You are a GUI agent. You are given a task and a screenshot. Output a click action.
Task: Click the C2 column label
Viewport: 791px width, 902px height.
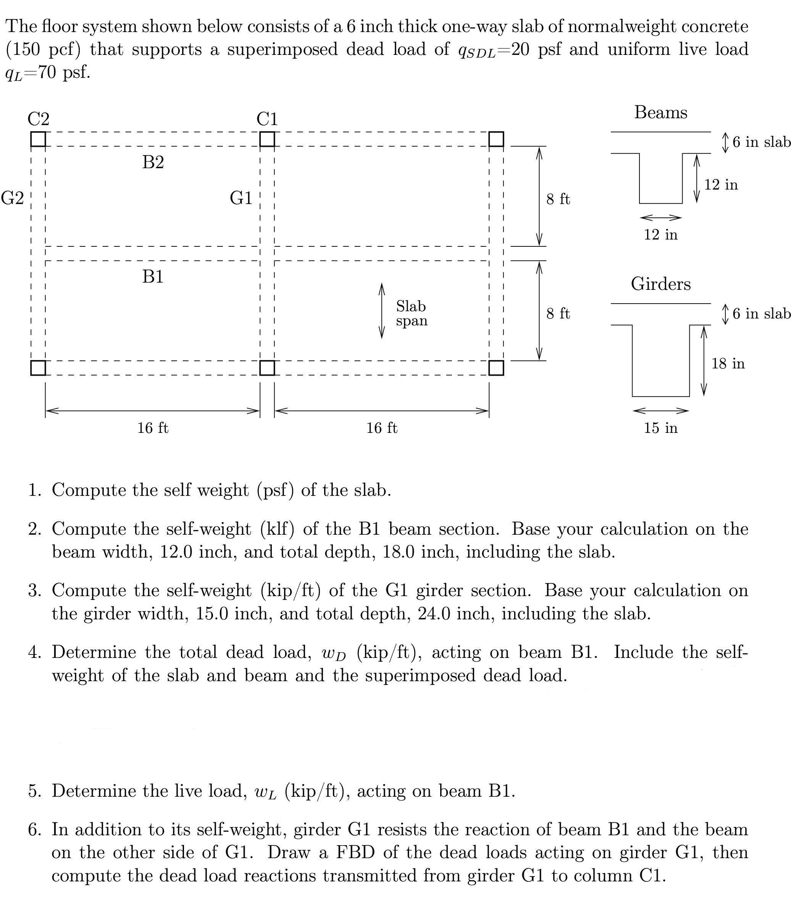(x=39, y=119)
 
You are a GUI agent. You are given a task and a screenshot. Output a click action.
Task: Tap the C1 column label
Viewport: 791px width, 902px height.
(x=267, y=119)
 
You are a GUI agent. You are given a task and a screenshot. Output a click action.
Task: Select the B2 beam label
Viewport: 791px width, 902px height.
(x=153, y=162)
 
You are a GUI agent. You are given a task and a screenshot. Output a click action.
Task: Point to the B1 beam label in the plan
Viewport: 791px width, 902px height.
(x=153, y=277)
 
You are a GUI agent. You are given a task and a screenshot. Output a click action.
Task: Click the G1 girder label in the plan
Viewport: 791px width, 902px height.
(x=241, y=198)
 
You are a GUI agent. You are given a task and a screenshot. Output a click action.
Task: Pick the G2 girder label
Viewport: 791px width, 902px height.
(x=12, y=198)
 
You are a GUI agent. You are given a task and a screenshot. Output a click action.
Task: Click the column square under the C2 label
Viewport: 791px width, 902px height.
(x=39, y=139)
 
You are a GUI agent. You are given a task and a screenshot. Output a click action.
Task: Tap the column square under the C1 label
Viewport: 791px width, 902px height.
(x=267, y=139)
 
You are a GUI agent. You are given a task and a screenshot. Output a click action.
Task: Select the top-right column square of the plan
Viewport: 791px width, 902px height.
(x=496, y=139)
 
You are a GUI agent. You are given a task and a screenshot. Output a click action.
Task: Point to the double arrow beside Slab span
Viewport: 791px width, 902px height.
(x=382, y=311)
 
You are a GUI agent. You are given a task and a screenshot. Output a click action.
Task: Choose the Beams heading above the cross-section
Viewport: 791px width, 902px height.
(x=661, y=113)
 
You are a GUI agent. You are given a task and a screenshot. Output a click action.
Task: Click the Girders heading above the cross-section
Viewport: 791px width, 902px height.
(x=661, y=284)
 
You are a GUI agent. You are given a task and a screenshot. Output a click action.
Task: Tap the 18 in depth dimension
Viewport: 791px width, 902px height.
(x=728, y=363)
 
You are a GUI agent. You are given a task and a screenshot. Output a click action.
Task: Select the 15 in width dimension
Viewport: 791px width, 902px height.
(x=660, y=428)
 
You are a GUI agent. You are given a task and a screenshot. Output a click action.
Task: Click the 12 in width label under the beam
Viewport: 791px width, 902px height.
(x=660, y=234)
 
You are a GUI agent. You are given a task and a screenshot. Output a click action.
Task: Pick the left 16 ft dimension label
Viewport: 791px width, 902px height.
(x=153, y=428)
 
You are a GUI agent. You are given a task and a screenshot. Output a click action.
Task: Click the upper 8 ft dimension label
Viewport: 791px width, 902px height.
(x=558, y=199)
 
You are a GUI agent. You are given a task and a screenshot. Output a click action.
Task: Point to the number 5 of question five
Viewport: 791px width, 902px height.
(x=33, y=791)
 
